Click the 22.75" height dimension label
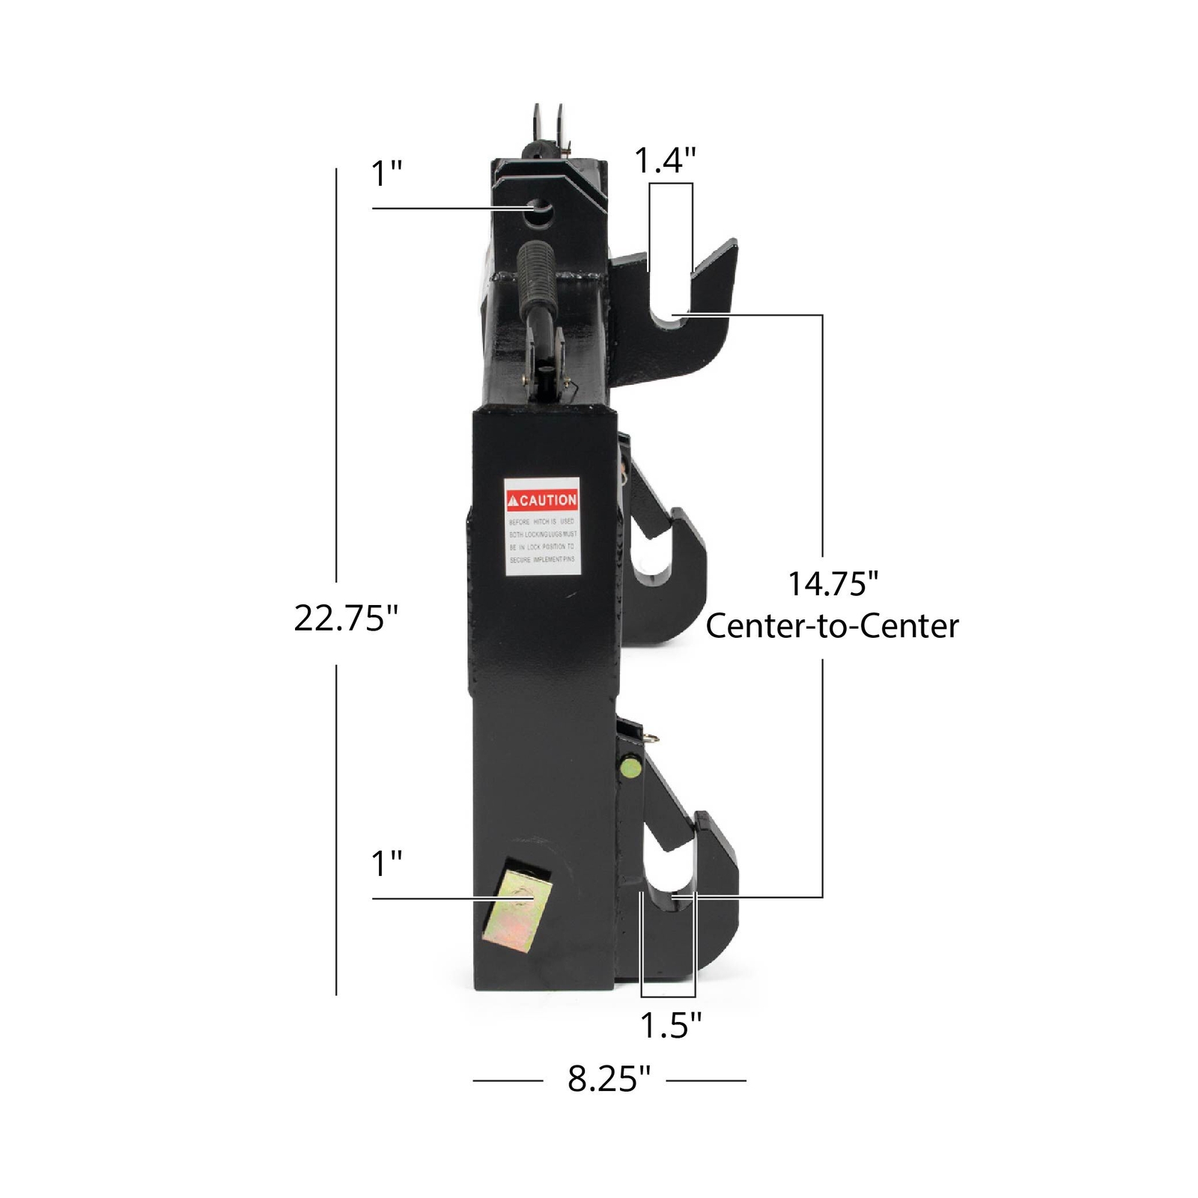coord(345,618)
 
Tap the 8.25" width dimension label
coord(609,1079)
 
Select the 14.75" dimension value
coord(832,583)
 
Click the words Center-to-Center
coord(832,626)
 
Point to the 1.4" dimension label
coord(665,160)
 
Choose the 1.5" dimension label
coord(670,1025)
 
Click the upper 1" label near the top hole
coord(386,174)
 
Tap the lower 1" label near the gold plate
coord(386,863)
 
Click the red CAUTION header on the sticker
coord(542,499)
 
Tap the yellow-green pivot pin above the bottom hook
coord(630,769)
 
